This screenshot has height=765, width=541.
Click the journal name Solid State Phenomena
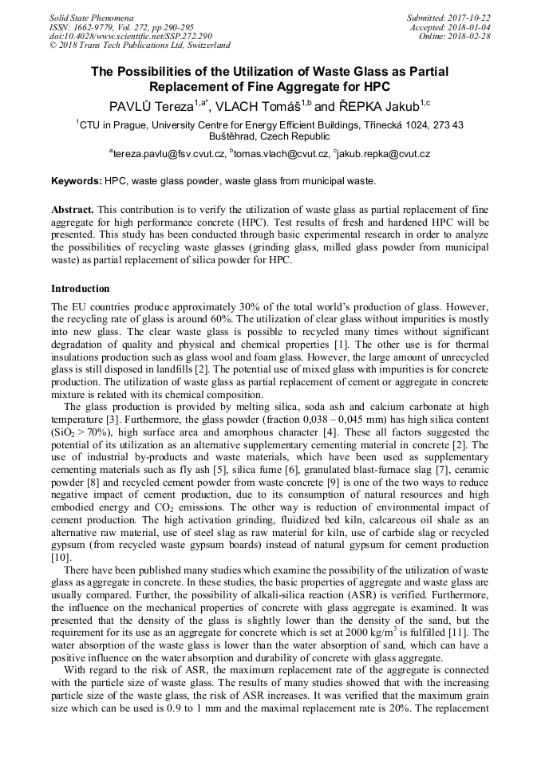(x=91, y=17)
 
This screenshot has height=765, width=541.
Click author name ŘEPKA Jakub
(x=368, y=105)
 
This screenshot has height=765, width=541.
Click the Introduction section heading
(x=81, y=288)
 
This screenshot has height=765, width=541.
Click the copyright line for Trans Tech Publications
(x=140, y=45)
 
